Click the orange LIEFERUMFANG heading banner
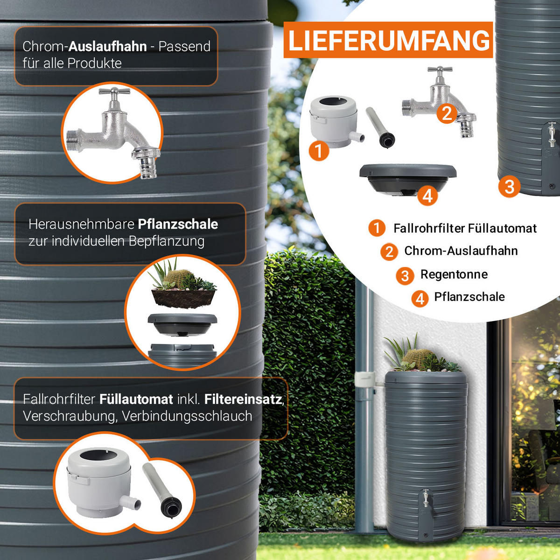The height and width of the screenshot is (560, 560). click(x=388, y=40)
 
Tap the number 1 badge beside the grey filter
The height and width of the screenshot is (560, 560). click(x=319, y=151)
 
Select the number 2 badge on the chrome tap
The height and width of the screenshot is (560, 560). click(x=447, y=113)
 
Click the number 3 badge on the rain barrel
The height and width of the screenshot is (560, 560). click(x=509, y=187)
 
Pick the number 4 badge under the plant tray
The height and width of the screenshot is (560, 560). click(x=427, y=196)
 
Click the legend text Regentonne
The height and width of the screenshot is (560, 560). click(x=454, y=274)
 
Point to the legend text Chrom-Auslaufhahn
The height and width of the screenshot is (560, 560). click(x=461, y=251)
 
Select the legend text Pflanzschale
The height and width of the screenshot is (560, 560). click(x=469, y=297)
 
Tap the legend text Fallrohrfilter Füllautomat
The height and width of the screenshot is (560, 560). click(x=465, y=228)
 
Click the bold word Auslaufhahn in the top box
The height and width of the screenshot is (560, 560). click(x=107, y=47)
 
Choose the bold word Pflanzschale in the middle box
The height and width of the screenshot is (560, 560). click(x=178, y=224)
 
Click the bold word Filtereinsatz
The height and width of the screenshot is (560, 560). click(x=243, y=399)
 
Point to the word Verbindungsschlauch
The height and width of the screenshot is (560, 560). click(x=187, y=416)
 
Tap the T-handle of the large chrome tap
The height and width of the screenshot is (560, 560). click(x=114, y=91)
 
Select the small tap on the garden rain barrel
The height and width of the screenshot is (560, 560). click(x=426, y=497)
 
